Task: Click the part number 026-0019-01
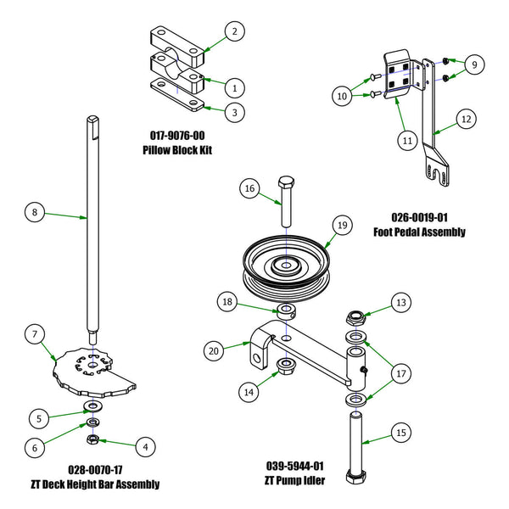click(x=418, y=215)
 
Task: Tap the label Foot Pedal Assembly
click(x=418, y=231)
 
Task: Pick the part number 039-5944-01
click(x=295, y=467)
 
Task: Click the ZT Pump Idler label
click(x=295, y=482)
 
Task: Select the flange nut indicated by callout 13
click(x=355, y=319)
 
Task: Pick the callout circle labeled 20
click(x=215, y=349)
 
